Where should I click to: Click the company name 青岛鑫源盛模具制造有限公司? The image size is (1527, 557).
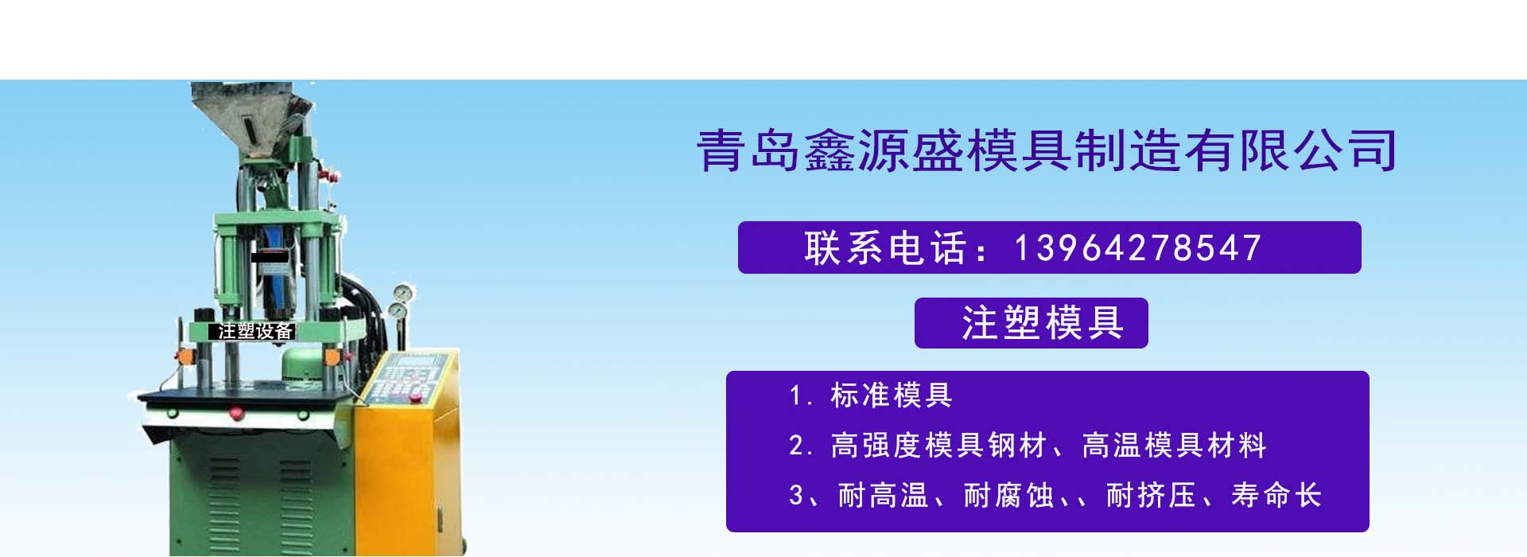tap(1047, 150)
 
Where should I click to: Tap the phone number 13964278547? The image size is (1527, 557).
tap(1138, 248)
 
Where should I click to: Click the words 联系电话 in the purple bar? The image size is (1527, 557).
tap(886, 248)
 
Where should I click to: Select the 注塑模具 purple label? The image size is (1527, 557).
tap(1032, 323)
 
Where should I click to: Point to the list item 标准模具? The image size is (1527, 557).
tap(892, 395)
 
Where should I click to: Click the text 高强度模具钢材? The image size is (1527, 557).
tap(938, 446)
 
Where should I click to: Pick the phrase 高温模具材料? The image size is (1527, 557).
tap(1175, 446)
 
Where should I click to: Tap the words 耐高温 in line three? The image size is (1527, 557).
tap(884, 496)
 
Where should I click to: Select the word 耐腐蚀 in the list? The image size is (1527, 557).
tap(1009, 496)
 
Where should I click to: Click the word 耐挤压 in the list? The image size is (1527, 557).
tap(1152, 496)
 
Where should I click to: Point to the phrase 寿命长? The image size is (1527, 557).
tap(1276, 496)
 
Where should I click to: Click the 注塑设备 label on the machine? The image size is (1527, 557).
tap(254, 331)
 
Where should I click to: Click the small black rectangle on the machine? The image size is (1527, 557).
tap(269, 257)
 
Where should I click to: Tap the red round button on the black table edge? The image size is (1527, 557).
tap(235, 412)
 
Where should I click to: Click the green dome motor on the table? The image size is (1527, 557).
tap(308, 366)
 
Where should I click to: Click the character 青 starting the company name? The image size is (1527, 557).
tap(720, 150)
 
